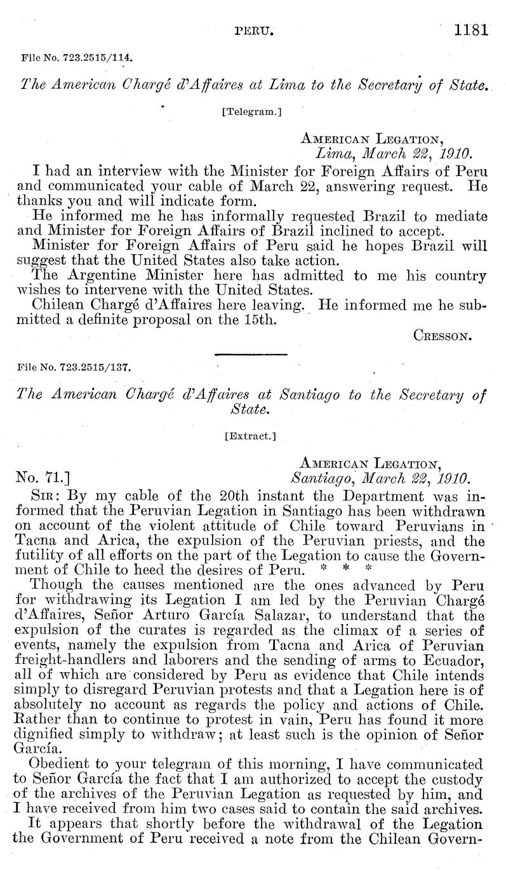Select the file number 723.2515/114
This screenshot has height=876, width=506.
pos(77,57)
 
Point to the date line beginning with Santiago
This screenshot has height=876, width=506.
pos(380,478)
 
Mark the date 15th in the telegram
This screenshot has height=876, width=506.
pos(258,320)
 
